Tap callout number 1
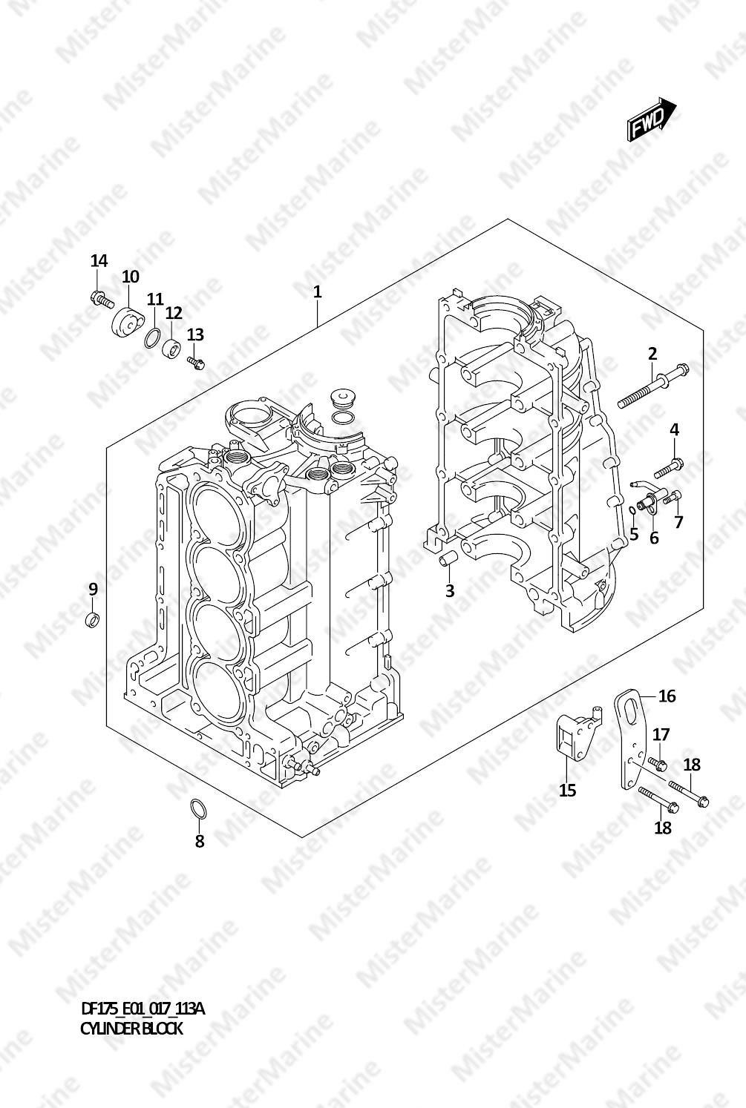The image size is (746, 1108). click(317, 292)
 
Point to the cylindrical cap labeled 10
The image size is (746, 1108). click(128, 323)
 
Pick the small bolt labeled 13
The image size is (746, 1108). click(196, 363)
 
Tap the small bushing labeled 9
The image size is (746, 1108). click(93, 619)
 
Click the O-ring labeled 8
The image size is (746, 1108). click(198, 808)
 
